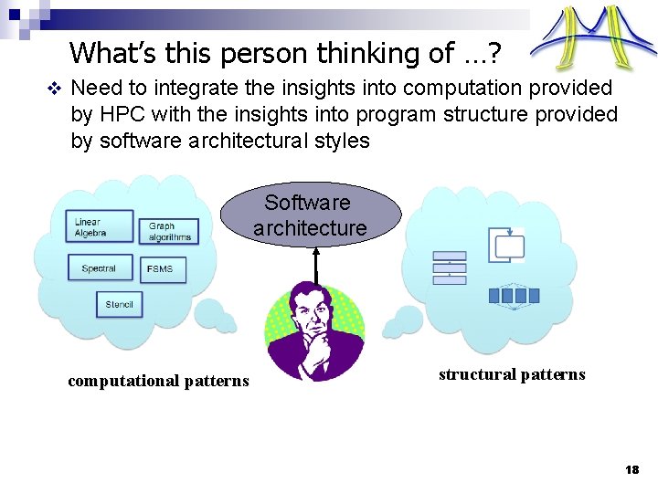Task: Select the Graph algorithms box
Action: coord(169,232)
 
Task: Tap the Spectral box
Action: coord(100,268)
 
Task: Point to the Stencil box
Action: coord(119,304)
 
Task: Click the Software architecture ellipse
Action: coord(310,215)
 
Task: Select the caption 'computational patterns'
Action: coord(158,381)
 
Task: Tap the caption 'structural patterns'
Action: coord(512,374)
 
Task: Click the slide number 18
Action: coord(631,469)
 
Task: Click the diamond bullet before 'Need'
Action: coord(52,89)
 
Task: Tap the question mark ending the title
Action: coord(493,53)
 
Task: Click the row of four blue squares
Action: coord(515,295)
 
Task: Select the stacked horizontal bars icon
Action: coord(450,268)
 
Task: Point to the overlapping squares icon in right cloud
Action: coord(507,244)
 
